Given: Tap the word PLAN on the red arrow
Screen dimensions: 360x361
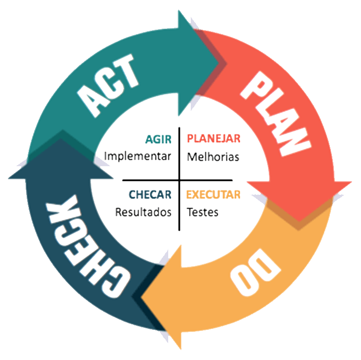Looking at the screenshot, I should click(x=274, y=113).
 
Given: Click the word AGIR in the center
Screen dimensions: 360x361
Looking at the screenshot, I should click(x=158, y=138).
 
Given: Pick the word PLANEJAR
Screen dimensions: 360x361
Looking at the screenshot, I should click(x=213, y=138).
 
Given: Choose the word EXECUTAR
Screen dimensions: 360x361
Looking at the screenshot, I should click(x=213, y=194).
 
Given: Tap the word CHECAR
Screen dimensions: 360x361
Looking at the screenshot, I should click(x=150, y=194).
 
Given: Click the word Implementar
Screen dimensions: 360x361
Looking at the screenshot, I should click(x=137, y=156).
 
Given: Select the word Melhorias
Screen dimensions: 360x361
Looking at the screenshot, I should click(x=213, y=157).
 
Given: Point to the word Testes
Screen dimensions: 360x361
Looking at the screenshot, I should click(x=202, y=212).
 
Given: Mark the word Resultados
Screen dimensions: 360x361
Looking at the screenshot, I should click(x=143, y=212).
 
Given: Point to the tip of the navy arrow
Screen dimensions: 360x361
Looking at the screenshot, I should click(x=61, y=130).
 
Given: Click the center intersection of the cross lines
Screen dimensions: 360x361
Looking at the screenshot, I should click(x=179, y=180).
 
